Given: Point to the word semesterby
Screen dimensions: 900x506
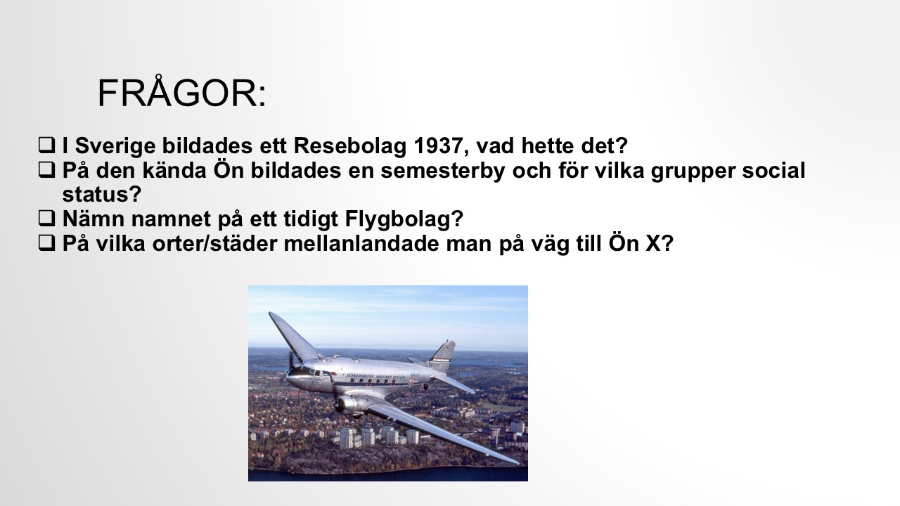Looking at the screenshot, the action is click(442, 171).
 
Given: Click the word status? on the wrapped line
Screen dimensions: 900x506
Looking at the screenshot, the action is click(102, 194).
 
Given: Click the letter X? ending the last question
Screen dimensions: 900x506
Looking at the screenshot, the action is click(660, 243).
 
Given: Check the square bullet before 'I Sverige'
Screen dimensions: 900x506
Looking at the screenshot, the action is click(46, 145).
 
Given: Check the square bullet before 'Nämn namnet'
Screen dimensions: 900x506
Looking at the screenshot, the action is click(46, 219).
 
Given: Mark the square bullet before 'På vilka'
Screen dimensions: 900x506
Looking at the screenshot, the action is click(46, 243).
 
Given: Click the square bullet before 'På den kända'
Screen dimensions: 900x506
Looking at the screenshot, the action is click(46, 170).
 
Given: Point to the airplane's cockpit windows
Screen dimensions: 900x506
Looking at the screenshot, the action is click(310, 371).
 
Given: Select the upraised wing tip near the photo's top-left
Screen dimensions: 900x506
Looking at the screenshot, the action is click(274, 317).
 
